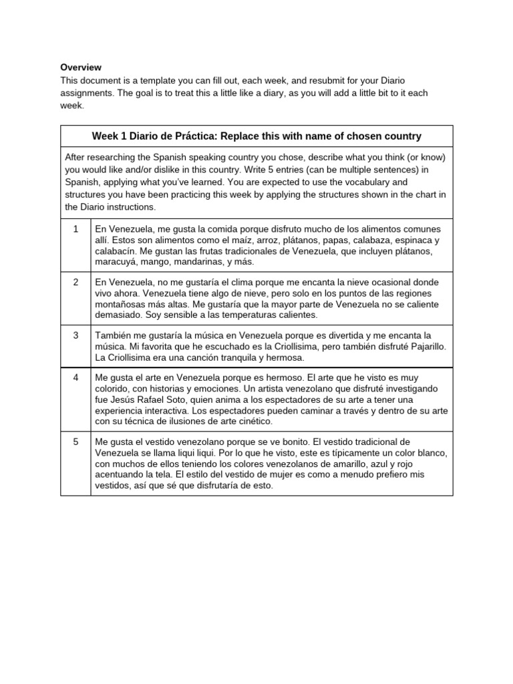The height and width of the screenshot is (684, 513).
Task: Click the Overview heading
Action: [81, 67]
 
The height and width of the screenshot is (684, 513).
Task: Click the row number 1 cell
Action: [76, 228]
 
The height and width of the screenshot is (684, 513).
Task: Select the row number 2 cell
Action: [76, 282]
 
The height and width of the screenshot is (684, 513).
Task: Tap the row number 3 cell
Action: [76, 335]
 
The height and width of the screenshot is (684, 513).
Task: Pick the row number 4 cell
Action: [76, 377]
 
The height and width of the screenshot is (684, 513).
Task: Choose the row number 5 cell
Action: [76, 442]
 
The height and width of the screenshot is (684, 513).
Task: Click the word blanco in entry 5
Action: [432, 453]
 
